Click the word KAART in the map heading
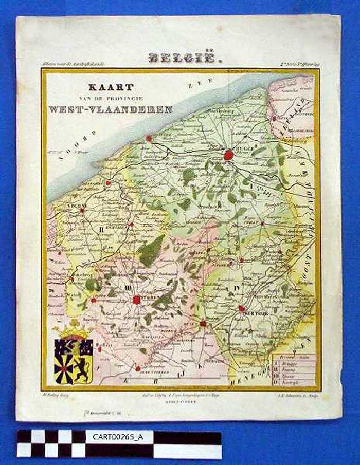tap(111, 87)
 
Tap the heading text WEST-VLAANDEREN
tap(111, 109)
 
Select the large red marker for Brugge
tap(229, 154)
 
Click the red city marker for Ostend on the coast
tap(149, 138)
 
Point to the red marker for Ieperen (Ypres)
tap(136, 300)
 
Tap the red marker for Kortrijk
tap(241, 308)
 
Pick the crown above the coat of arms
tap(73, 329)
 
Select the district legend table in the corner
tap(293, 368)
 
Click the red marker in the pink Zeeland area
tap(274, 118)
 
